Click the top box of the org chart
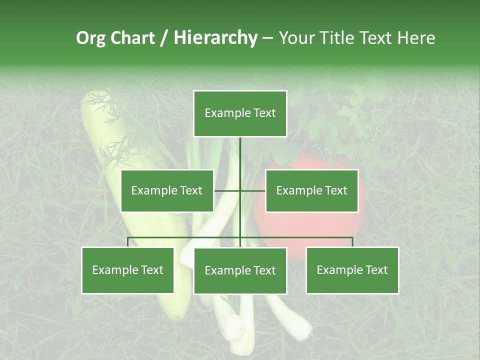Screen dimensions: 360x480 [240, 113]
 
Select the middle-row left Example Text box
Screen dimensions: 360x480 [167, 190]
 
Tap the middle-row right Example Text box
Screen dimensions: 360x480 [311, 190]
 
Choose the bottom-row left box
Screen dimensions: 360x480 [128, 270]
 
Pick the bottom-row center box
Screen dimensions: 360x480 [240, 270]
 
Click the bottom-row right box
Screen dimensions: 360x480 [352, 270]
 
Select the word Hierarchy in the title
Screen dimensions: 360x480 [215, 38]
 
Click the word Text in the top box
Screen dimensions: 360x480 [264, 113]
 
